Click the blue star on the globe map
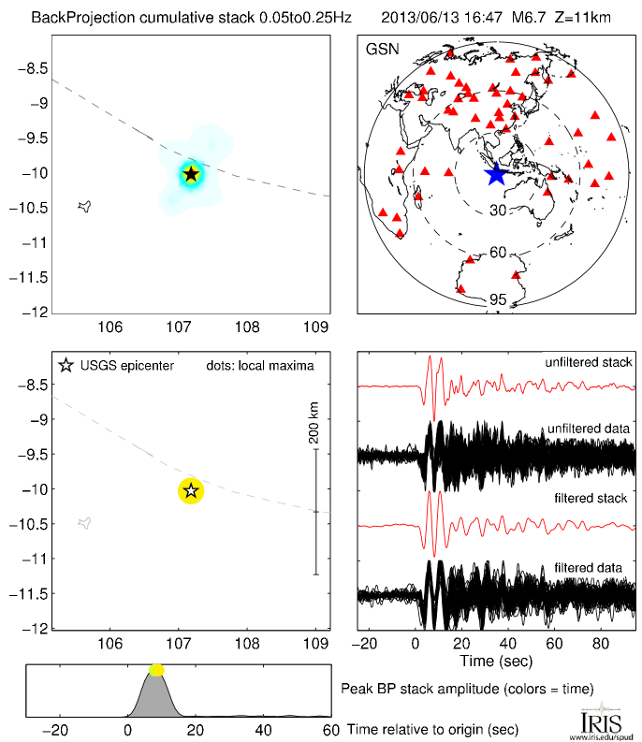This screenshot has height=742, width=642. [496, 174]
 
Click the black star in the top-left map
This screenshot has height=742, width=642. [190, 173]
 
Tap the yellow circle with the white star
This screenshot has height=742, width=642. [190, 489]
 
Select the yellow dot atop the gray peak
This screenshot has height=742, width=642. [156, 670]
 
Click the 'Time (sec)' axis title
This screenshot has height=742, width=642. [496, 661]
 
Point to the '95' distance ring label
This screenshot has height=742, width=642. [498, 299]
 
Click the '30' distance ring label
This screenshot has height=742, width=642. [498, 210]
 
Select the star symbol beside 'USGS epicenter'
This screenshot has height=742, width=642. [66, 365]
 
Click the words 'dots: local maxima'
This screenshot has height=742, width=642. [259, 365]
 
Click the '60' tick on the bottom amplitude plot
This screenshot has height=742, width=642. [329, 730]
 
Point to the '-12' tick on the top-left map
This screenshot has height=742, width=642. [34, 312]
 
